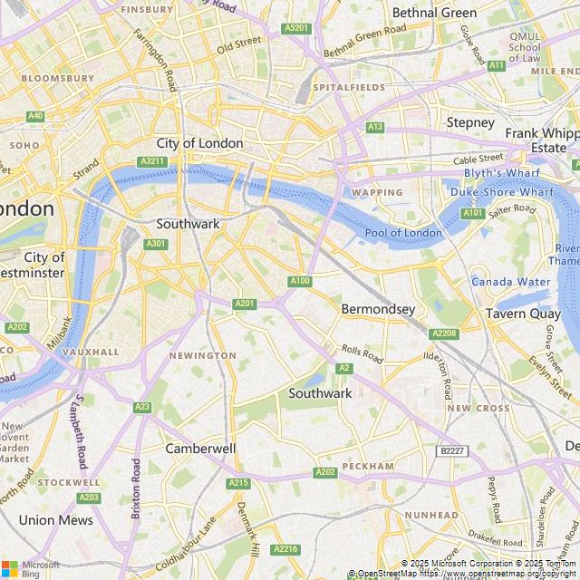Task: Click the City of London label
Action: pos(199,143)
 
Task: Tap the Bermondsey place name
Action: pos(378,309)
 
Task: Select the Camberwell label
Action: pos(200,449)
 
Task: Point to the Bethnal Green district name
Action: pos(433,13)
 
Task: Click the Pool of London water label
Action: pos(403,233)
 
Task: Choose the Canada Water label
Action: pos(509,282)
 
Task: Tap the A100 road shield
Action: pos(301,282)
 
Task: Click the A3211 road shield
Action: pos(152,161)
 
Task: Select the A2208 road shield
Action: pos(444,333)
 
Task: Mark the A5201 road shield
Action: pos(296,29)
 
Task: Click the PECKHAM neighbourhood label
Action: pos(369,466)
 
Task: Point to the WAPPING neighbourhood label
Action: pos(377,192)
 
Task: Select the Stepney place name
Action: pos(470,122)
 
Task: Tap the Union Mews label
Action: pos(56,520)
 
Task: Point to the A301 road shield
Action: pos(156,244)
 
